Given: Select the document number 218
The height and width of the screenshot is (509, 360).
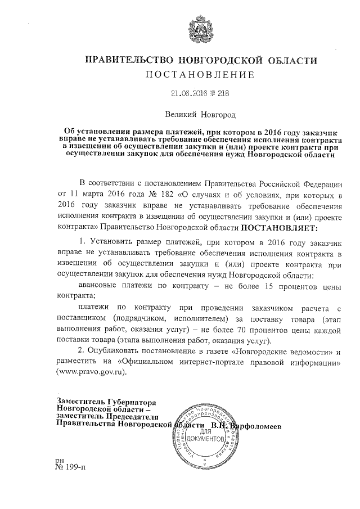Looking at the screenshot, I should (223, 94).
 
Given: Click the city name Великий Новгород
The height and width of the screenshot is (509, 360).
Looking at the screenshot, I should (200, 115).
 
